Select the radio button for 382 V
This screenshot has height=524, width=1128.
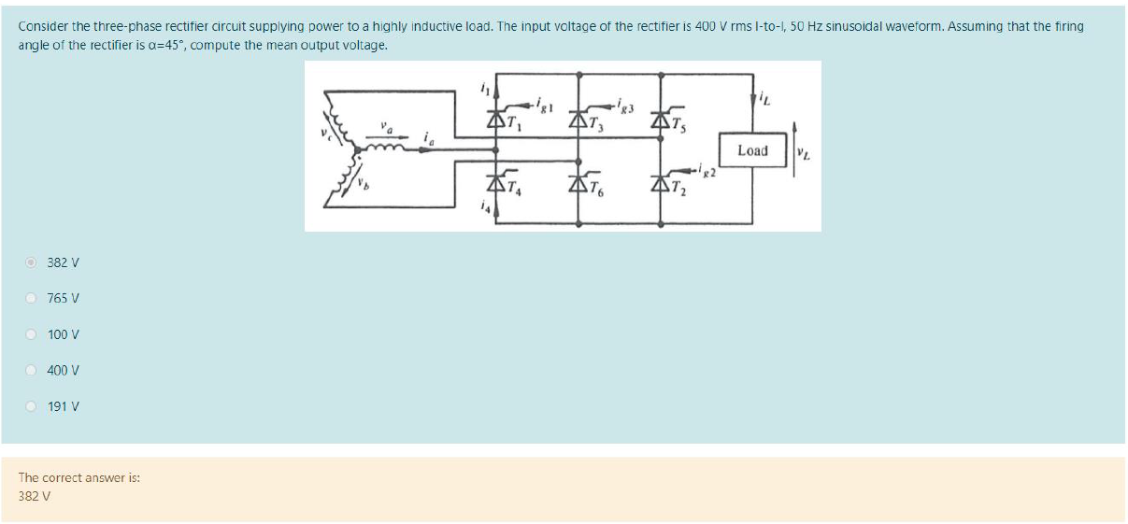click(31, 262)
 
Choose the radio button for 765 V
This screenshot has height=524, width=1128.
click(31, 299)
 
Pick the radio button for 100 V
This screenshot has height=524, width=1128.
click(31, 334)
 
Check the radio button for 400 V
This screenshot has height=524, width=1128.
click(31, 371)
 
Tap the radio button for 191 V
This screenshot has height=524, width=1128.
click(31, 407)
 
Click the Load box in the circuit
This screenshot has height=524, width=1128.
click(751, 151)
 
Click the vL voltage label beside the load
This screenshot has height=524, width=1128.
click(803, 152)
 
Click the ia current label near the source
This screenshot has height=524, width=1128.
click(427, 137)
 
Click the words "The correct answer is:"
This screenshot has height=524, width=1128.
click(79, 477)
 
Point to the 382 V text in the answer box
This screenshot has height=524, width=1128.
click(34, 496)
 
